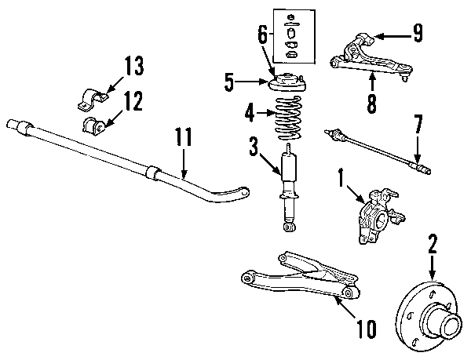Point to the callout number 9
click(x=418, y=34)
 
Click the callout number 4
click(x=250, y=114)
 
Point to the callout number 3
click(x=253, y=146)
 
